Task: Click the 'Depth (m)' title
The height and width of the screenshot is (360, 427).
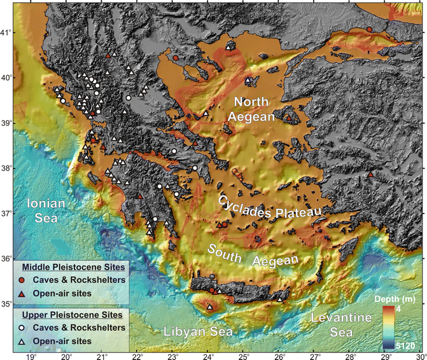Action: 398,299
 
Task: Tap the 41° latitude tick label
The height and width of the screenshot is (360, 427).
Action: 6,32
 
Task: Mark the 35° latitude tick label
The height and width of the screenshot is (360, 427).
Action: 6,304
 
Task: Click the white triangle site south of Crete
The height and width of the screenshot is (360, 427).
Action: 210,307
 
